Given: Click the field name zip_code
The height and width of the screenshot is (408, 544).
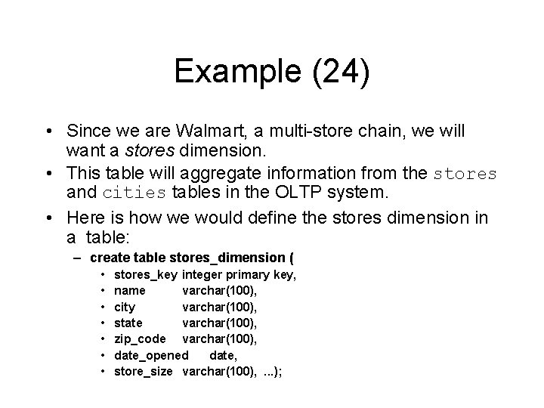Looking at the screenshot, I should [x=140, y=338].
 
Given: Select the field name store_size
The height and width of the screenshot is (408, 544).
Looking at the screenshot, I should [x=144, y=370].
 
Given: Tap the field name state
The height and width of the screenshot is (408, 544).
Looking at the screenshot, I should [x=128, y=323].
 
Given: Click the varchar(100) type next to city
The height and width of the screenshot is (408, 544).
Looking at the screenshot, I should [x=220, y=307].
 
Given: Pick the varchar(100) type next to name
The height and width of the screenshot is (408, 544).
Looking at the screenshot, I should [x=220, y=291].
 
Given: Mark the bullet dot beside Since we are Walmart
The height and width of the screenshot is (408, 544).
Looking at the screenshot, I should [x=49, y=131].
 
